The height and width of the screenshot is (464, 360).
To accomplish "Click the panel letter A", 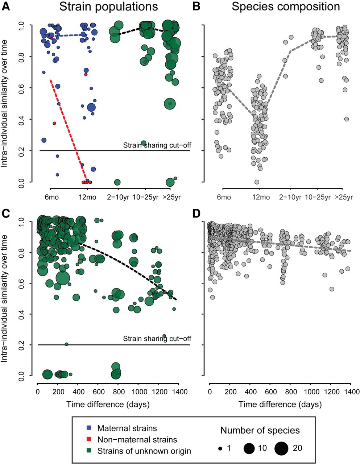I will pos(6,7).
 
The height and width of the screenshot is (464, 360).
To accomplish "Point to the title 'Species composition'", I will pos(286,7).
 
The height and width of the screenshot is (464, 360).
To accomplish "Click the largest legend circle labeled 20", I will pos(281,448).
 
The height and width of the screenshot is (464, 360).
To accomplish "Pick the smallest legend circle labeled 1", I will pos(220,448).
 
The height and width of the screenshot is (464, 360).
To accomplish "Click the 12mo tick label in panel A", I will pos(86,197).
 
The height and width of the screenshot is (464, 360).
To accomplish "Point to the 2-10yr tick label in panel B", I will pos(290,197).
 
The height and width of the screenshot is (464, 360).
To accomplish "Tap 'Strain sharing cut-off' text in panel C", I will pos(157,339).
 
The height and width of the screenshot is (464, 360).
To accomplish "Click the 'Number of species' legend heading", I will pos(260,431).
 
